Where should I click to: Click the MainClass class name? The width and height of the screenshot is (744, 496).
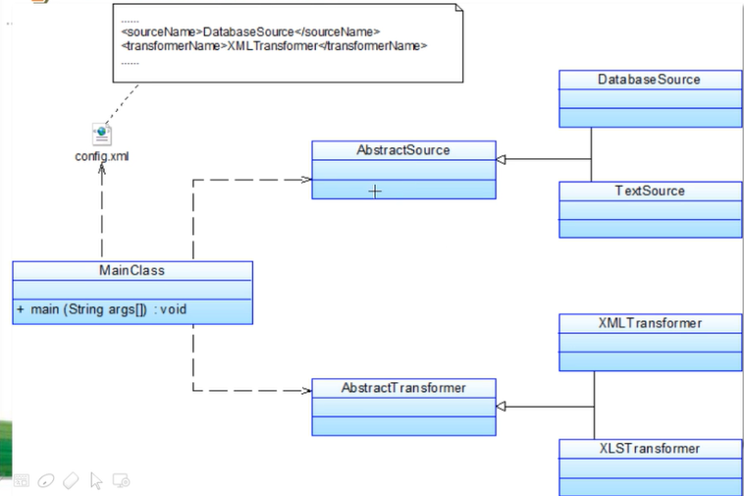(132, 270)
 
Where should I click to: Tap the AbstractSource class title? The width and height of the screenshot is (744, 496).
(403, 150)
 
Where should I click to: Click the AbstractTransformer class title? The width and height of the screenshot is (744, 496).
(403, 388)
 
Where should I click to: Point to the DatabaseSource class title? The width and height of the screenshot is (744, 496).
(650, 79)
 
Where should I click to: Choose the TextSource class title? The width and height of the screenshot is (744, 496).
(650, 191)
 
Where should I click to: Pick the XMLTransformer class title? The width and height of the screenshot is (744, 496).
(650, 323)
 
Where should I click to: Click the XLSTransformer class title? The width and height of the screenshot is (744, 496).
(650, 448)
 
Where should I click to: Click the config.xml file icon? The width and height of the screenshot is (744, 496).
(101, 135)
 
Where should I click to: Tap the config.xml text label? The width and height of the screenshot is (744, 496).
(102, 156)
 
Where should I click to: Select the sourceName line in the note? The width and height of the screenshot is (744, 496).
(250, 32)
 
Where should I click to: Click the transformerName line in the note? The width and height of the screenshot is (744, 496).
(275, 46)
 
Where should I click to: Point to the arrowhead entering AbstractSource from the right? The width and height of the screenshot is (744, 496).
(501, 159)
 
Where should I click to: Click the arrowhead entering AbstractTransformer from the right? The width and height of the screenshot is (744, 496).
(501, 406)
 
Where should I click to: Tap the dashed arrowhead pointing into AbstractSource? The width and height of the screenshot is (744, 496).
(306, 180)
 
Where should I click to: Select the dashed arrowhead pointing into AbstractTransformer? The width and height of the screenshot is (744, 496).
(306, 391)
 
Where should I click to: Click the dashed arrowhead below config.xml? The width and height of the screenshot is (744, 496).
(102, 170)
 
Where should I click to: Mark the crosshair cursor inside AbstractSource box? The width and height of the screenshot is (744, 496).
(375, 192)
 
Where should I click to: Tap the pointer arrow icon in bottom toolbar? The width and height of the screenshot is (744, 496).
(96, 480)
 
